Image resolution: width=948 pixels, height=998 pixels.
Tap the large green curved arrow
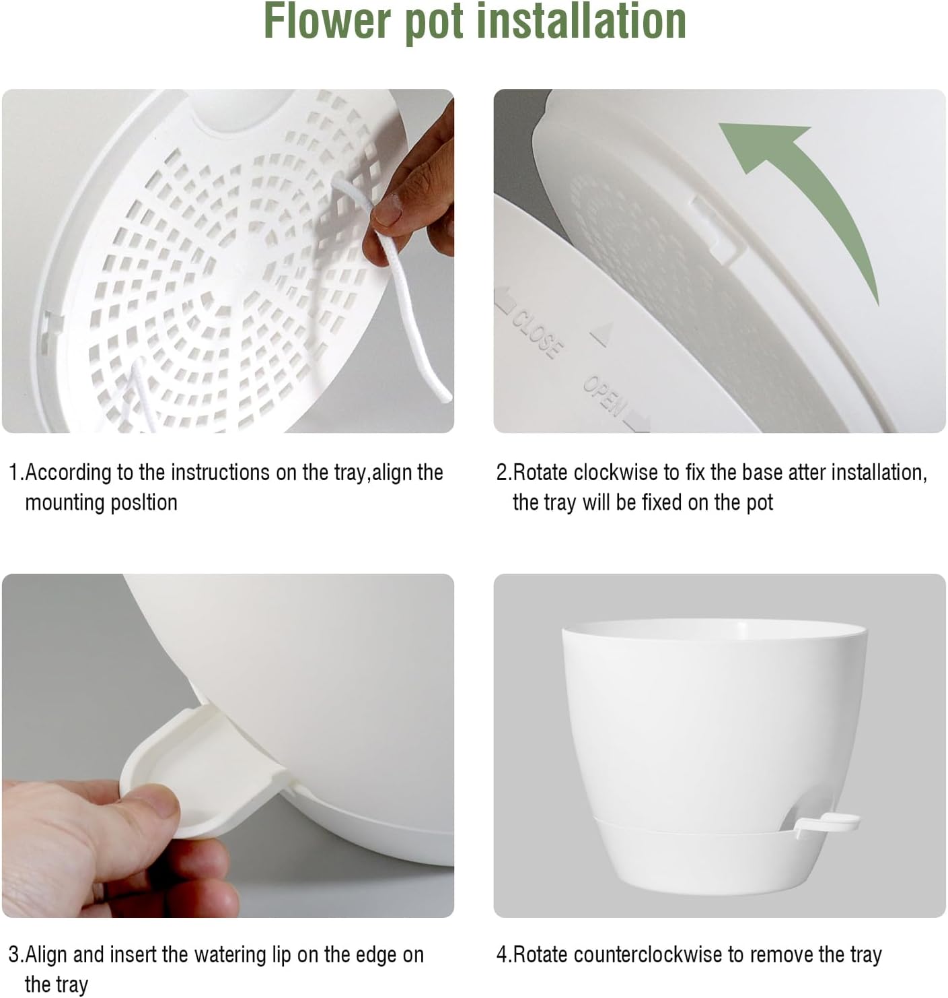pos(814,189)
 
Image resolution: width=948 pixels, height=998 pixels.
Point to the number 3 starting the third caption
pos(13,955)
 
